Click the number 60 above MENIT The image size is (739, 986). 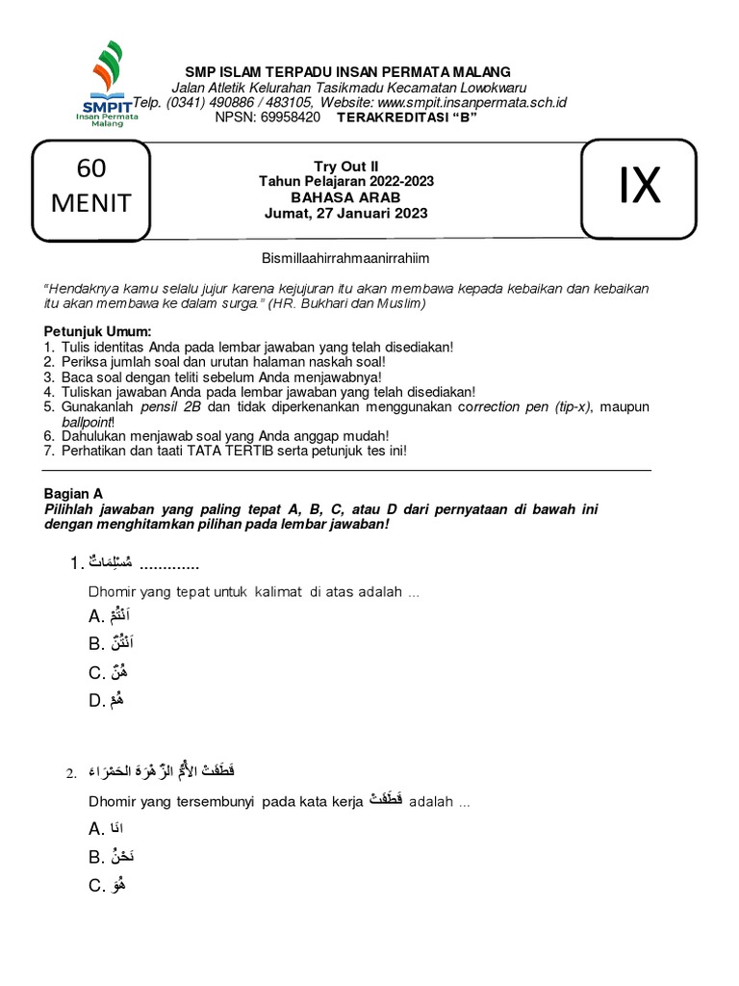coord(91,169)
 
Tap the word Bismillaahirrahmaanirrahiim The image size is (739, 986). coord(344,258)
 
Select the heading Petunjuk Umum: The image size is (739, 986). coord(91,332)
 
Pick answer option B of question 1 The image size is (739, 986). coord(109,644)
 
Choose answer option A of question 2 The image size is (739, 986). coord(106,829)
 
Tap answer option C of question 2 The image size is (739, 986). coord(109,886)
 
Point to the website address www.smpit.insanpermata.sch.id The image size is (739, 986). coord(471,102)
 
